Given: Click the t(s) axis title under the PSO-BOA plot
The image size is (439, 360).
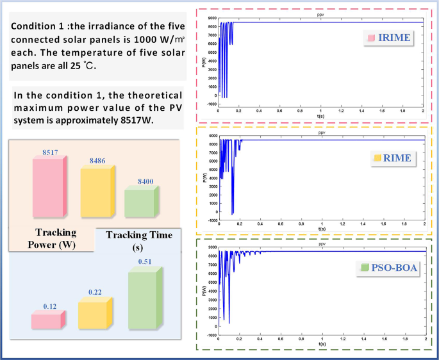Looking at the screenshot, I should tap(321, 344).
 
